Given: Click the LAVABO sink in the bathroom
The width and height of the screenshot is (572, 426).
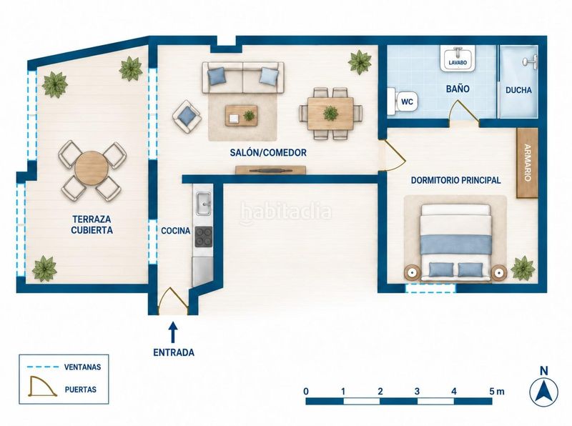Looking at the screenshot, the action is [x=458, y=59].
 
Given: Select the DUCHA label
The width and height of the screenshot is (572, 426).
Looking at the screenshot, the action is [x=518, y=90].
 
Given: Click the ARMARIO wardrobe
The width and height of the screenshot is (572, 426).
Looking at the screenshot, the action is [x=527, y=163].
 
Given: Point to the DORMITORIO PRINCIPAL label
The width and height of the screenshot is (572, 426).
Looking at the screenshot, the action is [x=455, y=180].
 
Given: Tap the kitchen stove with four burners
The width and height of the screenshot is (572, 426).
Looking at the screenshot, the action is [x=204, y=237].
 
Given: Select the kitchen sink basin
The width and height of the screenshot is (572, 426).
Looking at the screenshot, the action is [x=203, y=204].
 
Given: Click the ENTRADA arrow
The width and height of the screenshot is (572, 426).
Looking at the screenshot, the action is [x=173, y=332].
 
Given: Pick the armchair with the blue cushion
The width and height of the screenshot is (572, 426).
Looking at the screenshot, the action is [x=187, y=117].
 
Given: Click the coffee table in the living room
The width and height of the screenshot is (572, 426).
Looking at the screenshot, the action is [x=241, y=116].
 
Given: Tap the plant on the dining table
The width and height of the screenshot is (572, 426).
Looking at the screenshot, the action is [x=330, y=113].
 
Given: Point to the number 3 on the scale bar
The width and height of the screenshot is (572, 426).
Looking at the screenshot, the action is [x=417, y=392].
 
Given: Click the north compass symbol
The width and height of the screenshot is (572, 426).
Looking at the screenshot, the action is [x=543, y=391].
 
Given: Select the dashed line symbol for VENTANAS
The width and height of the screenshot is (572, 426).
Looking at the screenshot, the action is [x=43, y=367].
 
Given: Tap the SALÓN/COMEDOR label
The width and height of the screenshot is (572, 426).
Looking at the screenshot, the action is [x=268, y=152].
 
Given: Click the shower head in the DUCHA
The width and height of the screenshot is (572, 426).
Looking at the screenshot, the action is [x=531, y=61].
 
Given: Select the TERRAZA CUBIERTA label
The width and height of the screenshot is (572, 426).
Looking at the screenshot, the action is [x=92, y=224].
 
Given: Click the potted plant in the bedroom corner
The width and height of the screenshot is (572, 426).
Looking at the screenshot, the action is [x=523, y=268].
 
